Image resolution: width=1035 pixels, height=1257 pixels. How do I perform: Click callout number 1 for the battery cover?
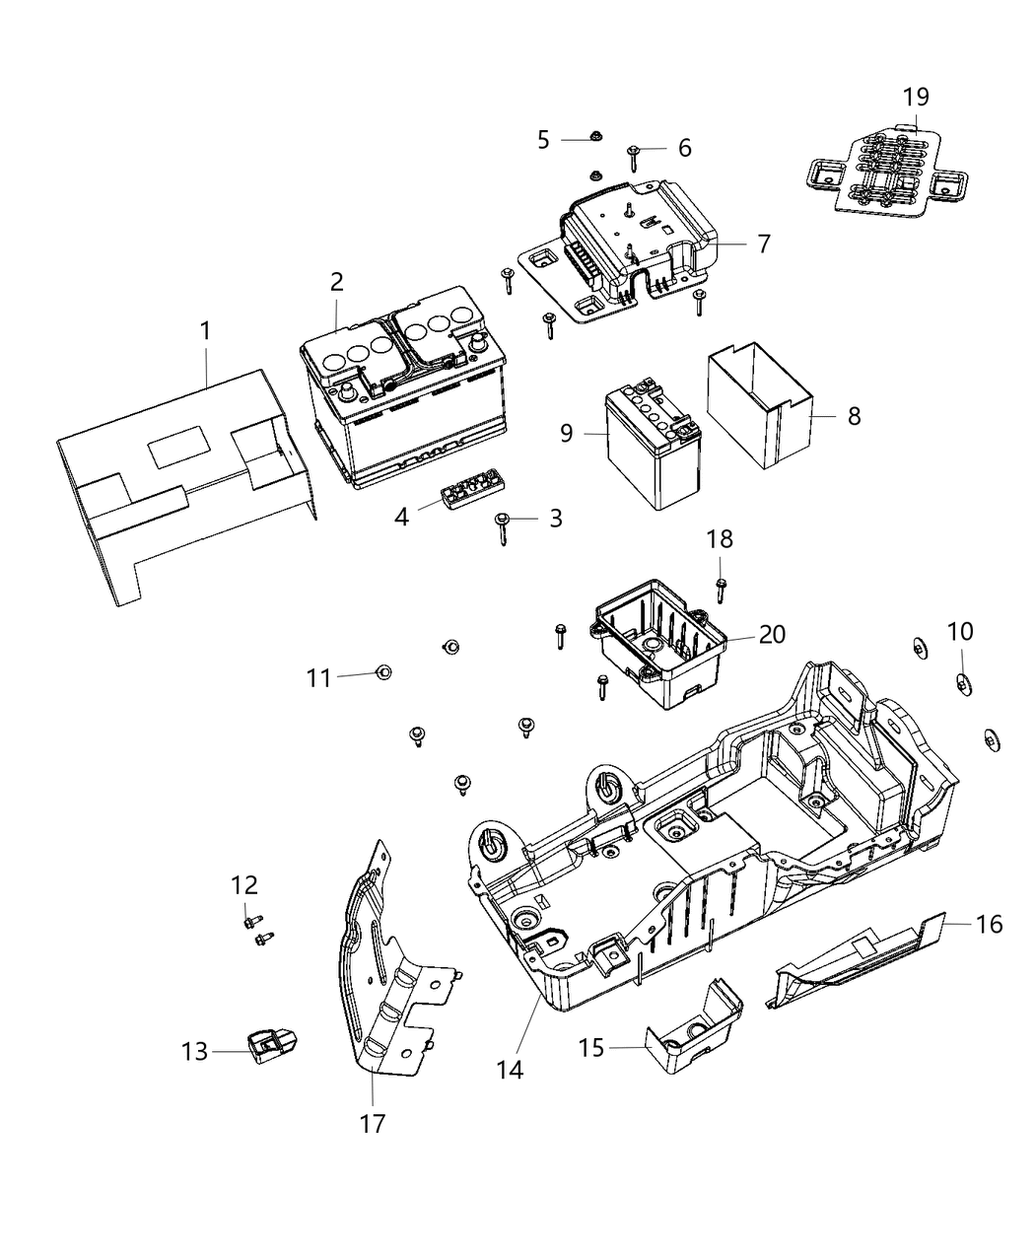coord(205,330)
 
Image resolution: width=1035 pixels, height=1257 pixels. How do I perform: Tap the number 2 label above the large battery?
coord(337,282)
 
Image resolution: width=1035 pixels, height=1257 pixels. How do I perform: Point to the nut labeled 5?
coord(596,137)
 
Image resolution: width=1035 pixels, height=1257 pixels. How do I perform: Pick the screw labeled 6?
coord(633,154)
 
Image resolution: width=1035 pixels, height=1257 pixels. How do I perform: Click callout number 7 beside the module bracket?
coord(764,244)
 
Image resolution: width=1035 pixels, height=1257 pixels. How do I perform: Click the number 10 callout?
coord(960,631)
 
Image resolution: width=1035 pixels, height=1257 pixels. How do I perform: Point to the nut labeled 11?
coord(383,672)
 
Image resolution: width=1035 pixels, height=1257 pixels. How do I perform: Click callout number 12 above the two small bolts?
coord(243,884)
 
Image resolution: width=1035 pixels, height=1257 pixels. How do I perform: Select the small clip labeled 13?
coord(271,1046)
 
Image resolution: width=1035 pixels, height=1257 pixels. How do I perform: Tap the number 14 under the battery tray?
coord(511,1069)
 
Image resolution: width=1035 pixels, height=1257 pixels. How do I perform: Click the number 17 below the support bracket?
coord(373,1122)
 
